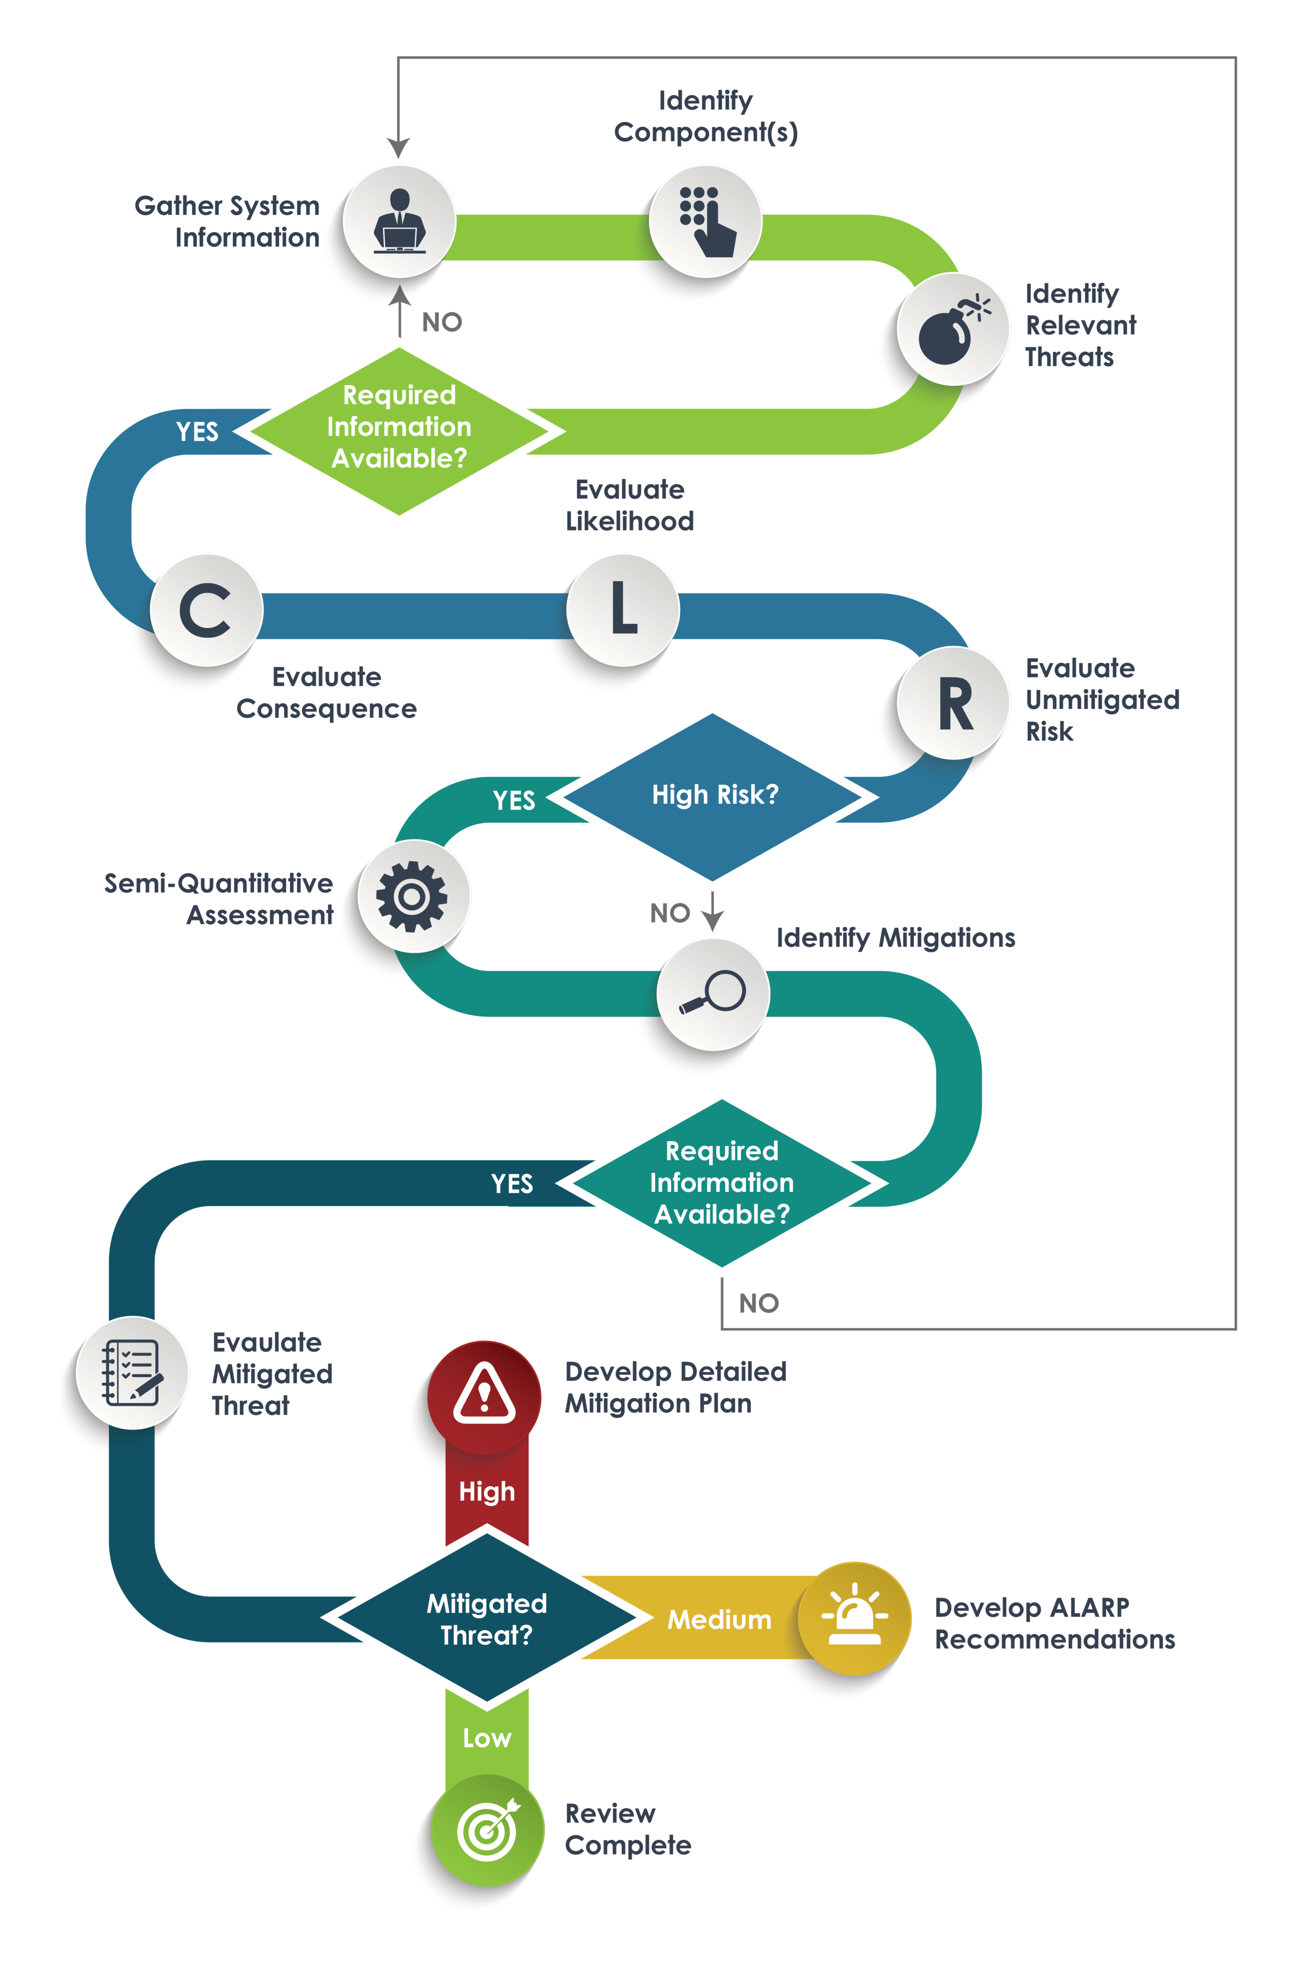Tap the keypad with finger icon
pyautogui.click(x=705, y=221)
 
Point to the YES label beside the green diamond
pyautogui.click(x=197, y=432)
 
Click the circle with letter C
pyautogui.click(x=206, y=609)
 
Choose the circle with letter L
pyautogui.click(x=623, y=609)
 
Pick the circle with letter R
pyautogui.click(x=954, y=703)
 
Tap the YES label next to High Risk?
pyautogui.click(x=513, y=800)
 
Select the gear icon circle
pyautogui.click(x=413, y=896)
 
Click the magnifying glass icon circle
pyautogui.click(x=713, y=993)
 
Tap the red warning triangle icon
pyautogui.click(x=484, y=1396)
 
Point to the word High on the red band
pyautogui.click(x=487, y=1491)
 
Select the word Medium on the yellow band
pyautogui.click(x=719, y=1620)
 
